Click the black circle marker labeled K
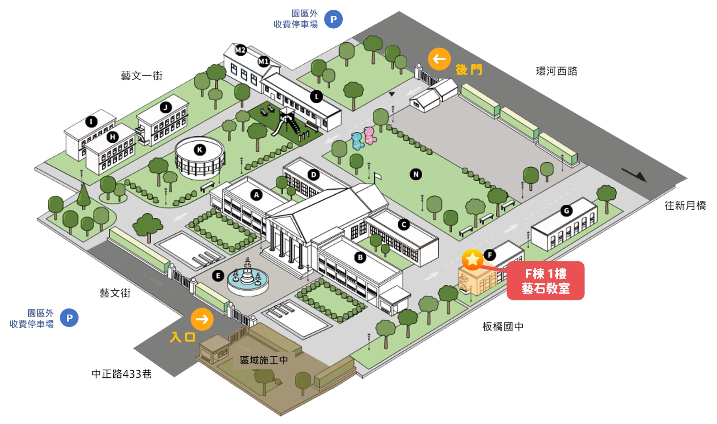click(200, 150)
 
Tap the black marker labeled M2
click(240, 50)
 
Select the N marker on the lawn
click(416, 175)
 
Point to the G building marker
click(566, 211)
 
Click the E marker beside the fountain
click(218, 276)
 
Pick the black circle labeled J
click(166, 107)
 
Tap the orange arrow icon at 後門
click(439, 59)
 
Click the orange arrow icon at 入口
click(202, 319)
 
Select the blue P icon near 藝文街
click(69, 318)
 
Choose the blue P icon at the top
click(333, 19)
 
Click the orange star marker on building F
click(473, 259)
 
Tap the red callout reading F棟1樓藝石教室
click(545, 281)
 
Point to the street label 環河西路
click(556, 71)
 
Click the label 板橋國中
click(503, 327)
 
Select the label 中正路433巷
click(122, 374)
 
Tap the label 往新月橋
click(685, 205)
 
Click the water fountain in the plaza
click(248, 280)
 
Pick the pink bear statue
click(369, 135)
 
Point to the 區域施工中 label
click(264, 360)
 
